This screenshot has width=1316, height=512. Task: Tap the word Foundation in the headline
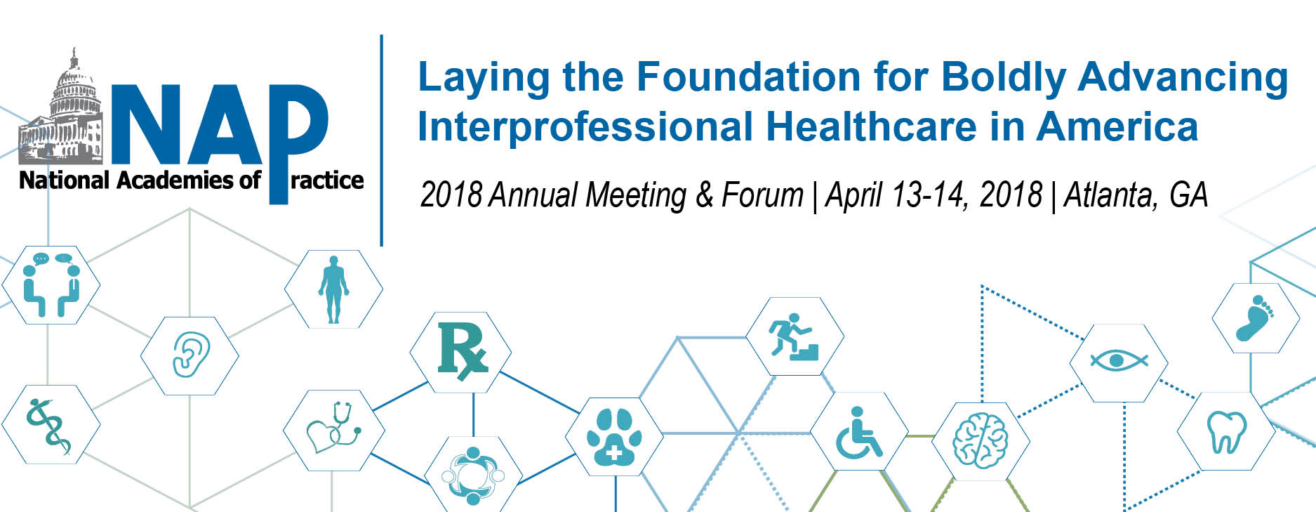point(748,77)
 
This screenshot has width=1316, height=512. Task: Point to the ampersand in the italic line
point(704,195)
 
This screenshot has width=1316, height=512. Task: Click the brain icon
point(981,440)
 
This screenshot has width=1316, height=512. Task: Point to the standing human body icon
point(333,289)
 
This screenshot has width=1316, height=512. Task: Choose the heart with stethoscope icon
point(334,428)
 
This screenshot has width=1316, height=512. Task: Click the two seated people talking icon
point(51,284)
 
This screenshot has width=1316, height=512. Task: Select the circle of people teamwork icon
point(473,475)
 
